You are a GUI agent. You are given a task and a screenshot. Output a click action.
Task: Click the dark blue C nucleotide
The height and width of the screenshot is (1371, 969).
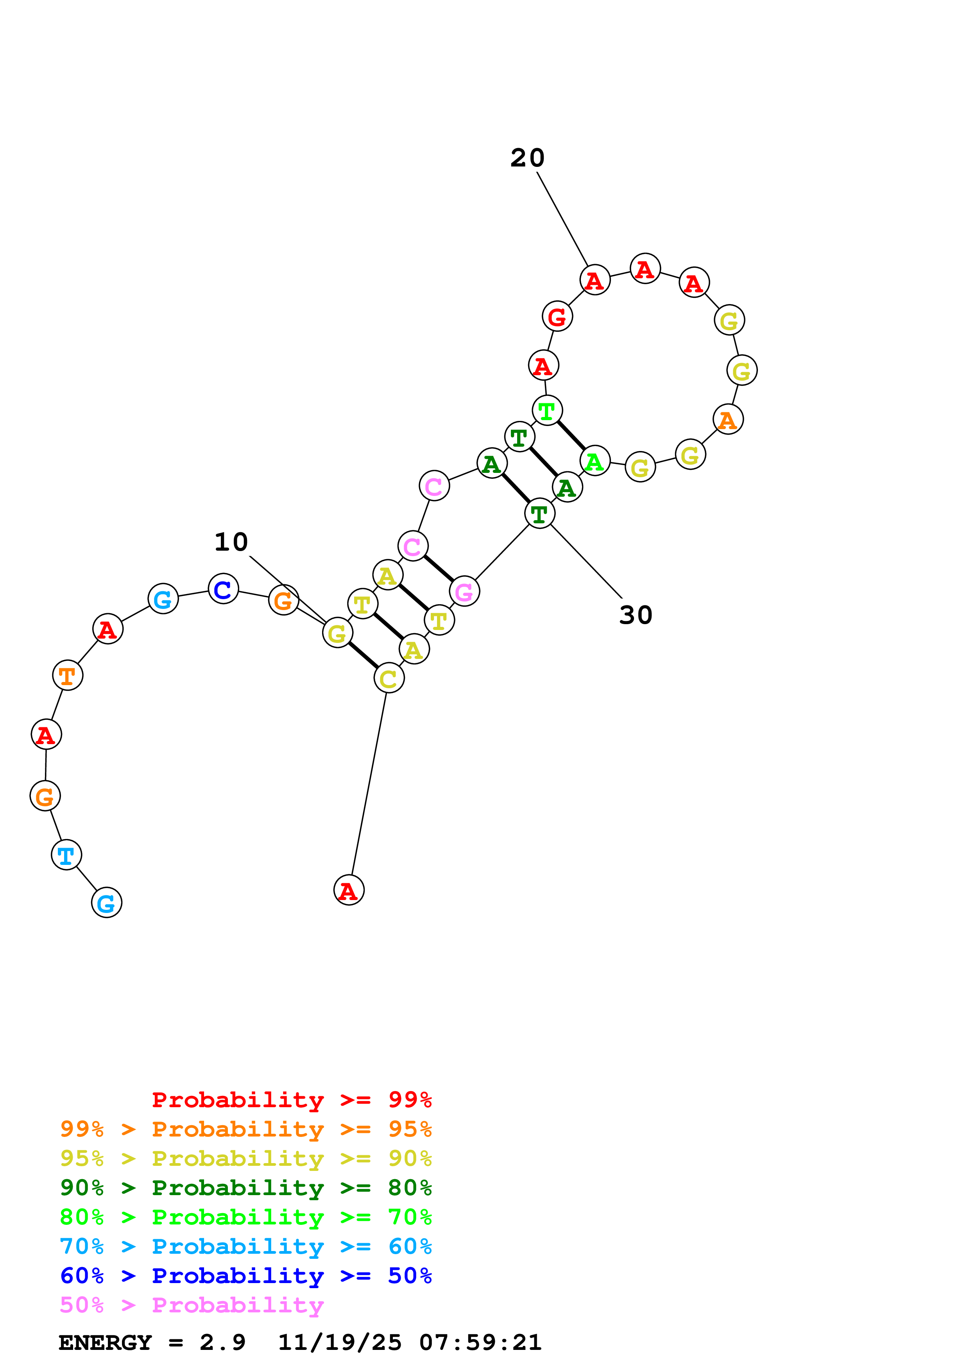(x=223, y=589)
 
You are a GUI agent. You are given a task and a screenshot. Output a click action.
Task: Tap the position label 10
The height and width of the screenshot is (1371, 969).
(x=231, y=542)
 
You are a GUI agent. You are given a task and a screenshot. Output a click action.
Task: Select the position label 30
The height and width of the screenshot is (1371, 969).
(x=636, y=615)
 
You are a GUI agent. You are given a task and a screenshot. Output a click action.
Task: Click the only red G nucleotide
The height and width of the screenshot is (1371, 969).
(x=557, y=317)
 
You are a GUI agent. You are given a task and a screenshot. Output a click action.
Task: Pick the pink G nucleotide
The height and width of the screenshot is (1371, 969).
(x=464, y=592)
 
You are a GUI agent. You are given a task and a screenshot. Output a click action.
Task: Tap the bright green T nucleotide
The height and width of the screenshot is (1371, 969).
(x=547, y=411)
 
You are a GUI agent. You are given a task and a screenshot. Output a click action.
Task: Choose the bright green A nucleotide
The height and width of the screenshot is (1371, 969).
(x=595, y=461)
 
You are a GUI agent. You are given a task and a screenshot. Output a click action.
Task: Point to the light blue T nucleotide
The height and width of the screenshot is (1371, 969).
(x=66, y=855)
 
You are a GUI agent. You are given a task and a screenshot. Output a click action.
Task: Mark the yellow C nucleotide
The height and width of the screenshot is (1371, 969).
(x=389, y=678)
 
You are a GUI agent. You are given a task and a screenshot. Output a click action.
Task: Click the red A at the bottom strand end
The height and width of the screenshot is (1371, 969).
(x=349, y=890)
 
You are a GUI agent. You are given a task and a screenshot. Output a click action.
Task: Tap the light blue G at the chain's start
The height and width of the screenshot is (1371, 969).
(x=106, y=903)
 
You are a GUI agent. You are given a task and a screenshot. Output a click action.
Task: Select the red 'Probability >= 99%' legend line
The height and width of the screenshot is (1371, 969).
(x=291, y=1099)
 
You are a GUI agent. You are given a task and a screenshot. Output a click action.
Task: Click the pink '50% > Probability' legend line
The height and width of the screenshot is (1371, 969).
(x=192, y=1305)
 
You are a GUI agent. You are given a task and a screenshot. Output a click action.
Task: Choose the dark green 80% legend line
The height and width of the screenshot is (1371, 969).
(x=245, y=1188)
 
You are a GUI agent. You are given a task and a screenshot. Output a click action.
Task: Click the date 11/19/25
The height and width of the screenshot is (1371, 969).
(x=340, y=1342)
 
